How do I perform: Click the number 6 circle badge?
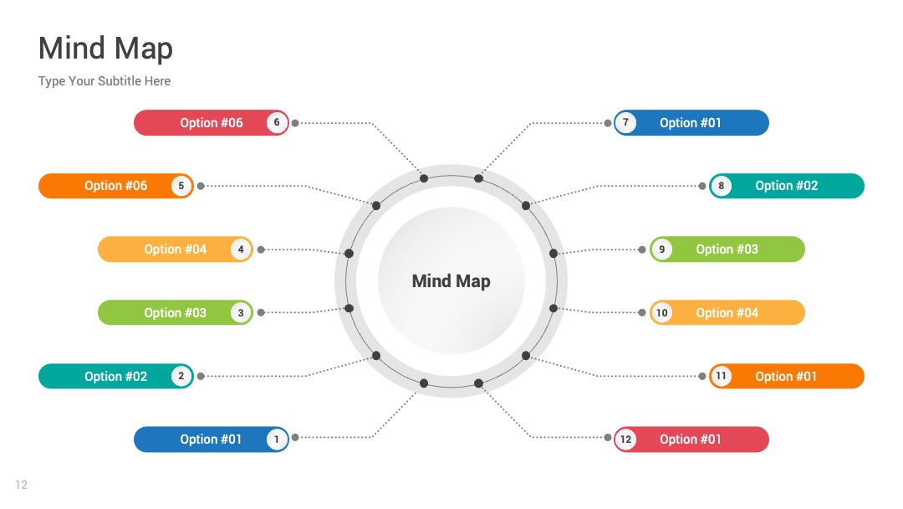277,122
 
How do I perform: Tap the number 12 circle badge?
625,440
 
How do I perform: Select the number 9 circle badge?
661,249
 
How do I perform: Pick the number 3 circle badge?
241,312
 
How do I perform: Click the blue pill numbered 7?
691,123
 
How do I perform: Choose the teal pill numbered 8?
787,186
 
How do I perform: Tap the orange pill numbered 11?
787,376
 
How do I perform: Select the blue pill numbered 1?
212,440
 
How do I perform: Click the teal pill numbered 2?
115,376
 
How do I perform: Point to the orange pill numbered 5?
115,186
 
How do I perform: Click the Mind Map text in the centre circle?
451,280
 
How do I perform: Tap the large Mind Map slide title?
105,48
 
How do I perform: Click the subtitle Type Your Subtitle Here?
105,80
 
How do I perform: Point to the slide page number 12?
21,485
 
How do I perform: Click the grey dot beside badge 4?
261,249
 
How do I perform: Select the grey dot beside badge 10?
641,312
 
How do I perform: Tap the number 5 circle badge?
181,186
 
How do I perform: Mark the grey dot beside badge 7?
608,123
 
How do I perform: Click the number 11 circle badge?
721,376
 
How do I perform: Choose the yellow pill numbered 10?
727,312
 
